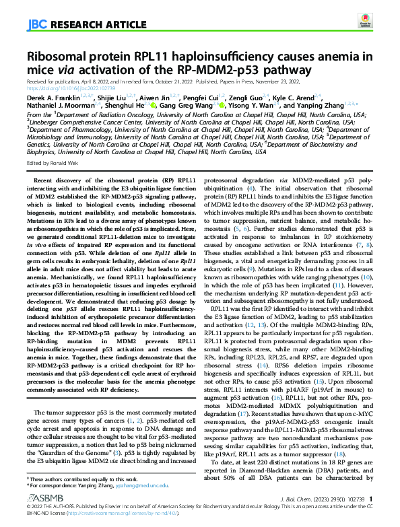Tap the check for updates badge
click(x=365, y=24)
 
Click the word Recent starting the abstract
click(x=46, y=180)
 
